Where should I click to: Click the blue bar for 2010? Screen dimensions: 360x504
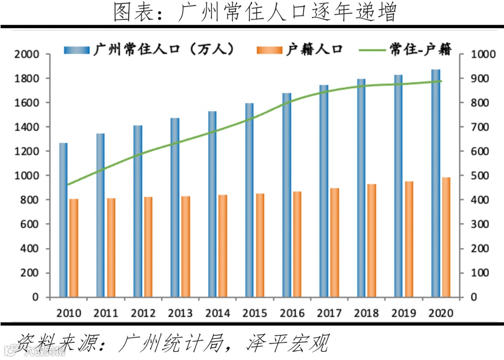pos(63,220)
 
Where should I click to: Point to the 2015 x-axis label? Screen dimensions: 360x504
pos(254,313)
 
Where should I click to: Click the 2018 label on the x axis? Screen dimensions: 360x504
pos(366,313)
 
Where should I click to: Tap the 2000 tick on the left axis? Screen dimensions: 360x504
pos(27,54)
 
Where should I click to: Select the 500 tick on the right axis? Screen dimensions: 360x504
pos(479,176)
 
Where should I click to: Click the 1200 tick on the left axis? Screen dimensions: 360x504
pos(27,151)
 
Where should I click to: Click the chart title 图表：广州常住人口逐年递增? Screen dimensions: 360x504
pos(254,13)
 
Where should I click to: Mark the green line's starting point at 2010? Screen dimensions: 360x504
pos(69,184)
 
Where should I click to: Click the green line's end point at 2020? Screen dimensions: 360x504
pos(441,81)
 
